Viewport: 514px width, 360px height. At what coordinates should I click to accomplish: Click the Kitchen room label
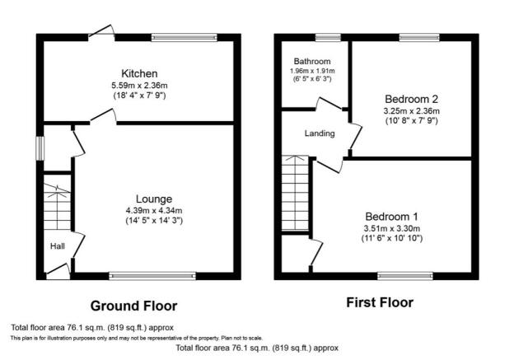point(139,73)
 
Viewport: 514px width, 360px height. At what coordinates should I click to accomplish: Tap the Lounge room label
point(154,199)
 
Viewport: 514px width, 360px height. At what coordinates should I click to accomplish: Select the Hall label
point(58,245)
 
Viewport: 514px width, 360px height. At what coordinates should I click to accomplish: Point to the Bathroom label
point(312,61)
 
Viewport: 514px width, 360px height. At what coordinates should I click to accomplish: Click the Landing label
point(320,133)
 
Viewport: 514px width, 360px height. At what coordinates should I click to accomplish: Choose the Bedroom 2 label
point(411,99)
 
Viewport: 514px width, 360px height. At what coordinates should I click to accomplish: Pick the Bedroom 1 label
point(391,217)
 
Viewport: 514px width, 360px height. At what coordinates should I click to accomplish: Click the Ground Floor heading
point(133,306)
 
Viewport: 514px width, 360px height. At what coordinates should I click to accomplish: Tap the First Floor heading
point(380,302)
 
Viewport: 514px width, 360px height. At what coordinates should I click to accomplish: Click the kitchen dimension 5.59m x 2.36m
point(139,86)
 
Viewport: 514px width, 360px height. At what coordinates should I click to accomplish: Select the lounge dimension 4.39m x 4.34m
point(154,211)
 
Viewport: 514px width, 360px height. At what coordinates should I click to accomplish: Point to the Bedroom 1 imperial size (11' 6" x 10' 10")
point(392,238)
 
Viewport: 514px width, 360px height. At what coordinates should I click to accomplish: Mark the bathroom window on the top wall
point(328,37)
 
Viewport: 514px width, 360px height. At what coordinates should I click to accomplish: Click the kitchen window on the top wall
point(185,37)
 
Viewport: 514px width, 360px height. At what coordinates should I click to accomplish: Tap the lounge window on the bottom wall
point(152,276)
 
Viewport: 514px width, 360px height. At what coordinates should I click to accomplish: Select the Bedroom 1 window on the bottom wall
point(405,276)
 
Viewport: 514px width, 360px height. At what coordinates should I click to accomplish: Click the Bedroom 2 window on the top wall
point(419,37)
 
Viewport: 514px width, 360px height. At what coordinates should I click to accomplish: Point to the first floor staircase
point(296,193)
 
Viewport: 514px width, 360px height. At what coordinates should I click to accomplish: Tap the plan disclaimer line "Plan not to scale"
point(241,338)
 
